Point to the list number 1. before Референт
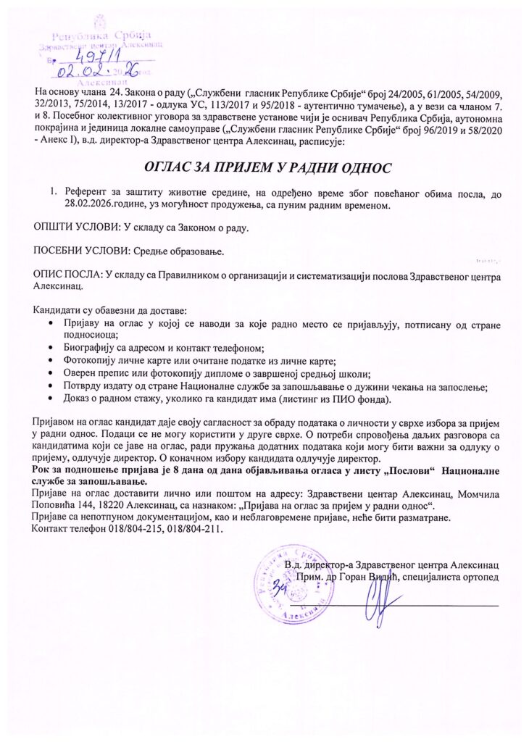click(x=53, y=193)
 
